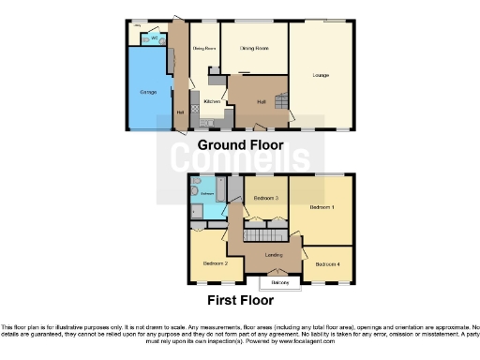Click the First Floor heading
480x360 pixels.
click(240, 301)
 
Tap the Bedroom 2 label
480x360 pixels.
click(216, 263)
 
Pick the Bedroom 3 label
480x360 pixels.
click(265, 199)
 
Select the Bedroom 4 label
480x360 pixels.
click(327, 264)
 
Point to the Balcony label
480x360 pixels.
click(279, 281)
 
